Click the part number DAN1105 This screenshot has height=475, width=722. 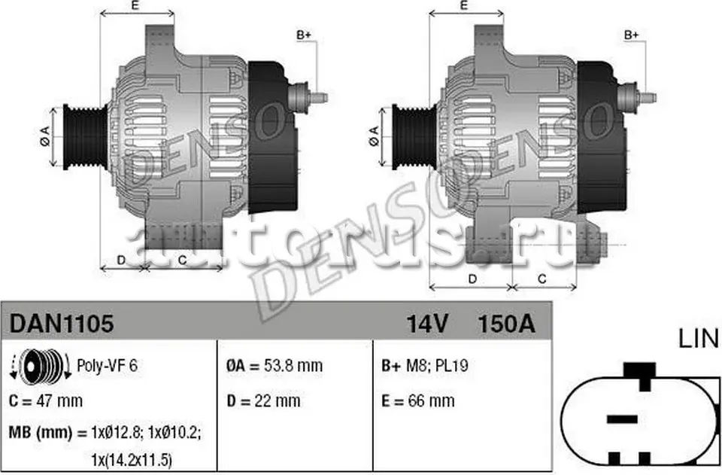click(x=62, y=324)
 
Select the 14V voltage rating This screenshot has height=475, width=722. click(x=427, y=324)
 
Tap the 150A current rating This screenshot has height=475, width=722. click(x=506, y=324)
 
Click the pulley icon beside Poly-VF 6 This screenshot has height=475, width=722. click(x=34, y=367)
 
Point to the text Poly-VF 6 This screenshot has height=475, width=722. click(x=108, y=366)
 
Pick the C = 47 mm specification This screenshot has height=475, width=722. click(x=47, y=400)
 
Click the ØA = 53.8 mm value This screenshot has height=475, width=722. click(x=275, y=366)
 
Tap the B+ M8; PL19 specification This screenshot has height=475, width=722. click(x=426, y=366)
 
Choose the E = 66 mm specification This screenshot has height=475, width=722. click(x=418, y=400)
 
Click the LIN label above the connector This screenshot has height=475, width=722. click(x=699, y=340)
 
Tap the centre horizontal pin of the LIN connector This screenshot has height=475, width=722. click(x=622, y=418)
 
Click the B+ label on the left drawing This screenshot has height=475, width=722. click(x=305, y=35)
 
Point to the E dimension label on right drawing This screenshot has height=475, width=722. click(x=464, y=6)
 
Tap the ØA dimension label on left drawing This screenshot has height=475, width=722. click(x=44, y=136)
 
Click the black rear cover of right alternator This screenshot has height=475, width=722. click(x=601, y=135)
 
